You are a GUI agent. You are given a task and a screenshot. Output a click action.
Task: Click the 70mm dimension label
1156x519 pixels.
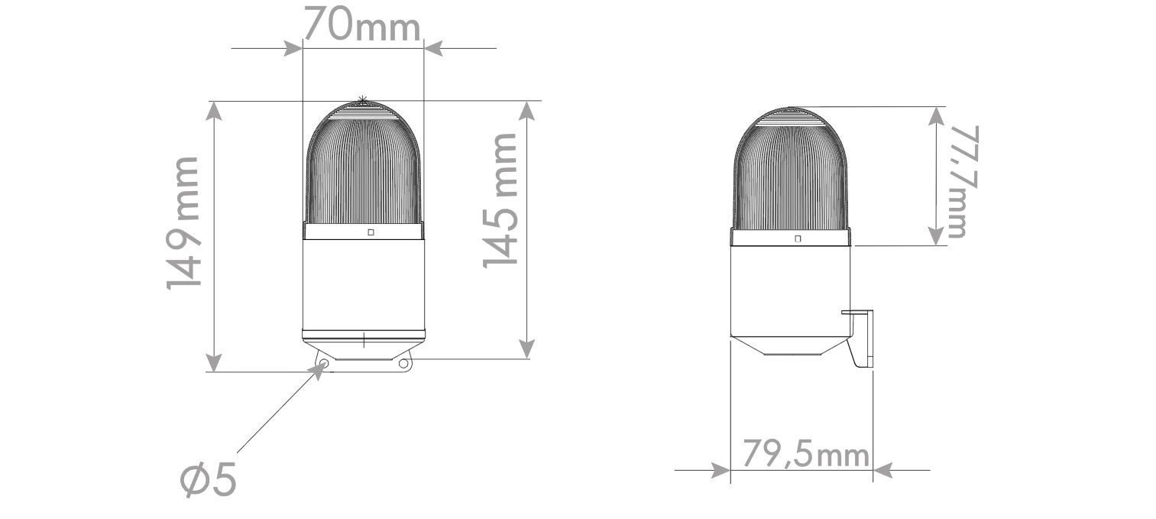[x=361, y=24]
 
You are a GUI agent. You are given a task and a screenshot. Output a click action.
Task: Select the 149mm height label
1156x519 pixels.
[x=183, y=223]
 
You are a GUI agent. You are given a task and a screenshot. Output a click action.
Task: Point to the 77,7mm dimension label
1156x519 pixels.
[x=963, y=182]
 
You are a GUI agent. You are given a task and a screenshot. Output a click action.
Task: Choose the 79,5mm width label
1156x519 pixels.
[x=805, y=454]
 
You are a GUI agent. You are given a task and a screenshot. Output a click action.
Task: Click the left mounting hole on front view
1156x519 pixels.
[x=324, y=364]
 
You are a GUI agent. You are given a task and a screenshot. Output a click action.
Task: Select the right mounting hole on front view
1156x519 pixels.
[x=403, y=364]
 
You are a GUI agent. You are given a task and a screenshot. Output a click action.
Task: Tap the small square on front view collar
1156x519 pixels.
[x=371, y=232]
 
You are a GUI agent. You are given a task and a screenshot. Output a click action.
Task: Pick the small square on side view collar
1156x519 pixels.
[x=798, y=238]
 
